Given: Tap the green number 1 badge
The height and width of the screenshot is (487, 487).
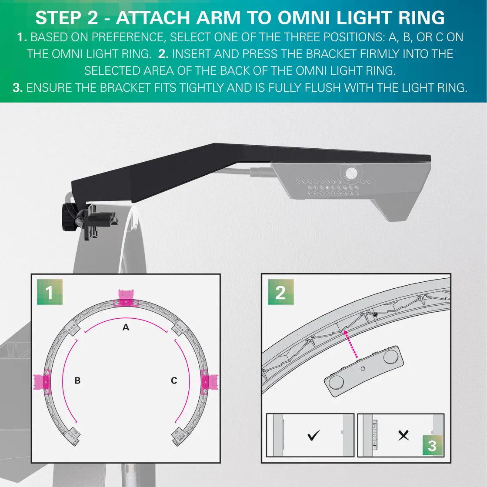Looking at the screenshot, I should point(50,292).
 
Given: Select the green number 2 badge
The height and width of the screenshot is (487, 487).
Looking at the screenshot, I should point(280,292).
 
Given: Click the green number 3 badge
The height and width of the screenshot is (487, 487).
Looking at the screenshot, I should point(432,445).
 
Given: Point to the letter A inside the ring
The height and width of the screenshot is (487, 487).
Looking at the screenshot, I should point(126,327).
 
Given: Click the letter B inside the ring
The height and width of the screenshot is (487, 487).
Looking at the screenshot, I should point(77,380).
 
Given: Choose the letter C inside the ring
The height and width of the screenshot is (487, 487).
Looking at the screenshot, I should point(174,380).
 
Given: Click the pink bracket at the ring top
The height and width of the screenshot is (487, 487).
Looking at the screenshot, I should point(125,298).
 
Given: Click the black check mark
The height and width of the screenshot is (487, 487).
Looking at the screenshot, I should point(314,435).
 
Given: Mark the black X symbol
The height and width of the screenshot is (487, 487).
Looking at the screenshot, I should point(404,435).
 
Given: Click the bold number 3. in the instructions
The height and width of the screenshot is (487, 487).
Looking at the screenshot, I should point(18,87).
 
